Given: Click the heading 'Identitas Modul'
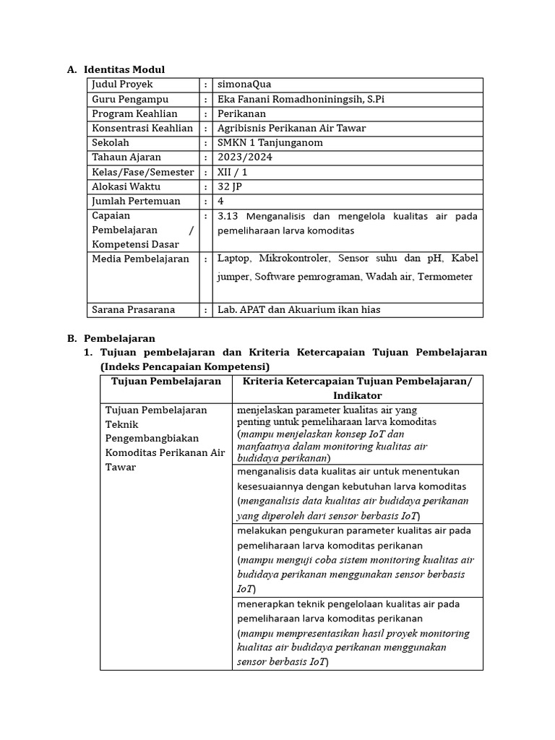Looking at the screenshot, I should click(124, 69).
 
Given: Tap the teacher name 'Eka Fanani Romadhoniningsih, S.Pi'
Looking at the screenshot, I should click(301, 99).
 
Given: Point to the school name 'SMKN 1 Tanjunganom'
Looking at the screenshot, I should click(270, 142).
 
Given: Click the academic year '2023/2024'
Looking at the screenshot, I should click(240, 157).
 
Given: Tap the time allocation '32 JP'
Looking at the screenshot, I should click(230, 186).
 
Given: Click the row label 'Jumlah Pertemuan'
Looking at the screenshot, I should click(136, 201).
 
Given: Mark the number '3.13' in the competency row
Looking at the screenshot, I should click(229, 216).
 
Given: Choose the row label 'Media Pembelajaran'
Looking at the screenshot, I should click(140, 259).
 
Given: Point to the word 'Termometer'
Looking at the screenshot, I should click(448, 276).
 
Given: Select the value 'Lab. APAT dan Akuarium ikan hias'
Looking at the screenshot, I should click(298, 309).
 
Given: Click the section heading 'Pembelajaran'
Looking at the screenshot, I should click(119, 338).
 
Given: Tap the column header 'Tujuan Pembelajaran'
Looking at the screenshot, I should click(165, 381).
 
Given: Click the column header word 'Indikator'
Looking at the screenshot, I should click(357, 395).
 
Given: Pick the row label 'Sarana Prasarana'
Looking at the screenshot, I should click(133, 309).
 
